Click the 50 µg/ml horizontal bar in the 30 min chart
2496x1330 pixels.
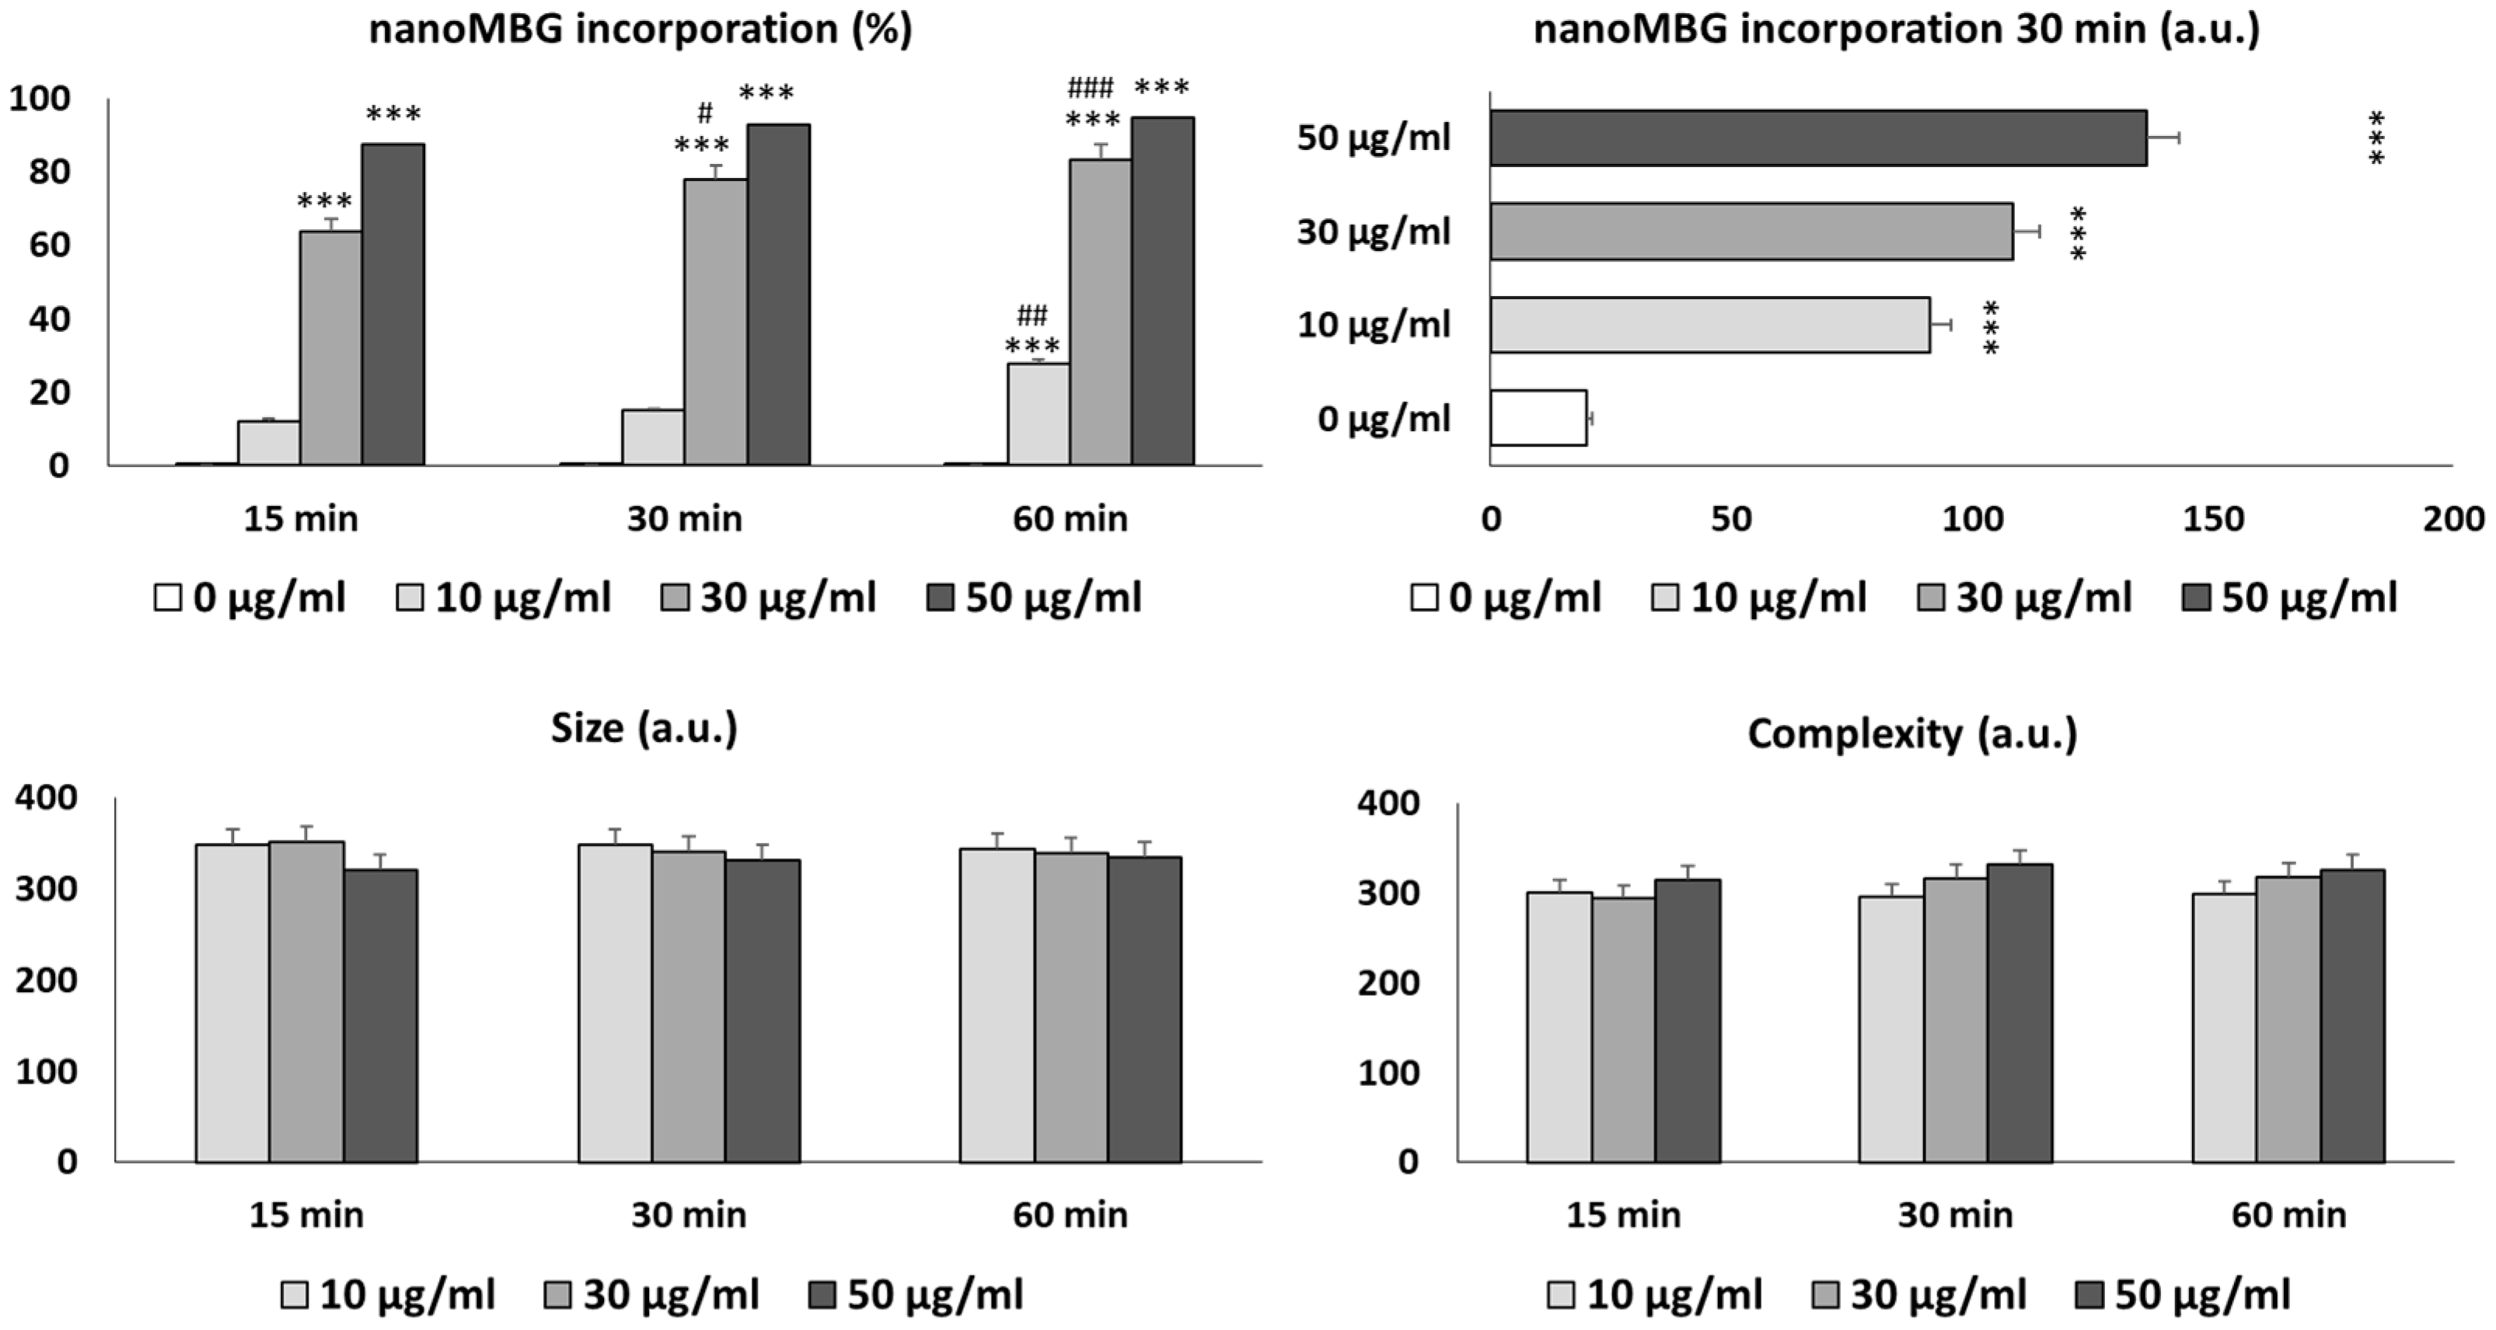pyautogui.click(x=1817, y=138)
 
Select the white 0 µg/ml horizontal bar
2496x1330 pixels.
pyautogui.click(x=1538, y=417)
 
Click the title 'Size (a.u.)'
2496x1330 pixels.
pyautogui.click(x=644, y=727)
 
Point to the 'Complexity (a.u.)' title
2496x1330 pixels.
pyautogui.click(x=1911, y=734)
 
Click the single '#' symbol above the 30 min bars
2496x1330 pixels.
pyautogui.click(x=704, y=113)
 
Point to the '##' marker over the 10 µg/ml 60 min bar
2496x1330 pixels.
pyautogui.click(x=1032, y=315)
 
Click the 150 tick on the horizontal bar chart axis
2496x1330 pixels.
pyautogui.click(x=2213, y=519)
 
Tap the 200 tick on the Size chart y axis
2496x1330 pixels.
pyautogui.click(x=46, y=980)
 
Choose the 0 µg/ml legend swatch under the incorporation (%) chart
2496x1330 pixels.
pyautogui.click(x=168, y=597)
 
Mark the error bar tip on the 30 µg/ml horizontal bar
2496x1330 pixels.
pyautogui.click(x=2040, y=232)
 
